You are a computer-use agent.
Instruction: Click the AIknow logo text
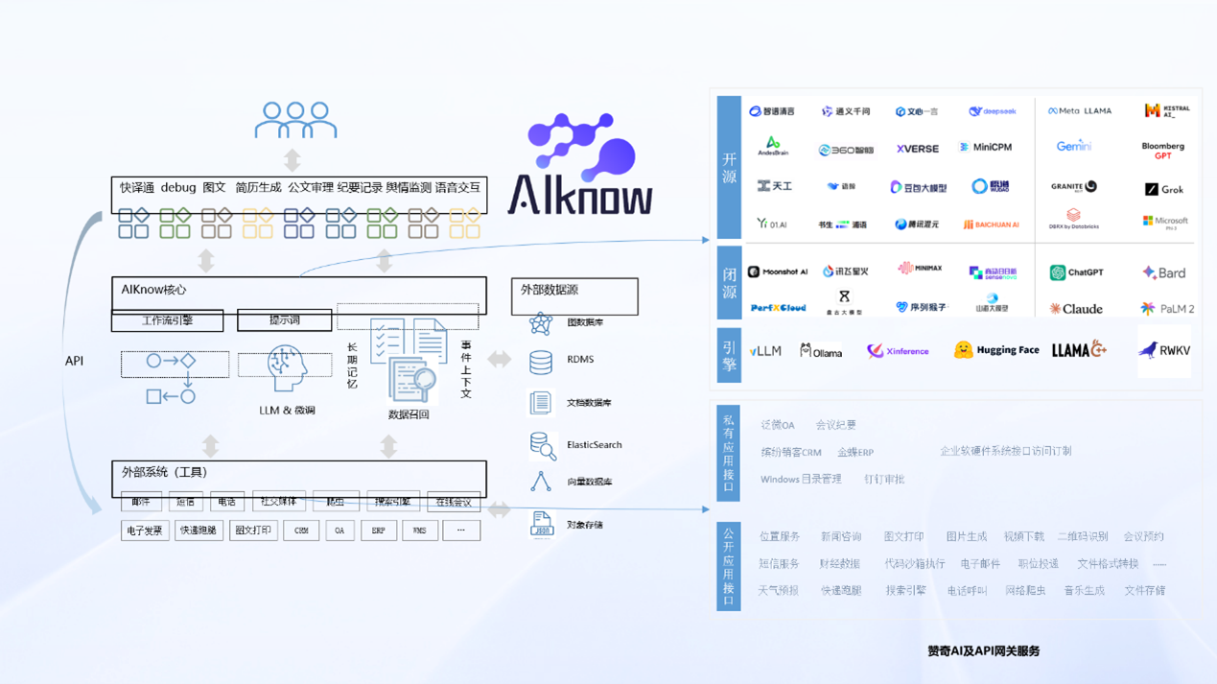[x=580, y=195]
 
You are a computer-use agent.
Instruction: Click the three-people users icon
[x=295, y=121]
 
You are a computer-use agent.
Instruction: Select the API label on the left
[x=74, y=361]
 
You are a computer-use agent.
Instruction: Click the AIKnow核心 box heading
[x=153, y=290]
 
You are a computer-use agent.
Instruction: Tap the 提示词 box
[x=284, y=320]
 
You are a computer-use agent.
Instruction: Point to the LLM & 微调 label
[x=287, y=410]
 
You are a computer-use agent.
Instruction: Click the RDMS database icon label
[x=580, y=360]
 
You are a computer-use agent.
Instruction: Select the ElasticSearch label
[x=594, y=445]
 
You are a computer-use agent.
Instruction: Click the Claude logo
[x=1076, y=309]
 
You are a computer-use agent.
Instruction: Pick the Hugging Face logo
[x=996, y=351]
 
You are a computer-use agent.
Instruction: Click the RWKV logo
[x=1164, y=351]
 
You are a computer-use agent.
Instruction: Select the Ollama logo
[x=821, y=352]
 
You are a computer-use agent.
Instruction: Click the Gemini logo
[x=1073, y=147]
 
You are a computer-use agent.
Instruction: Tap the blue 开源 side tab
[x=729, y=167]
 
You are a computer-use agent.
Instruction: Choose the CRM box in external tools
[x=301, y=531]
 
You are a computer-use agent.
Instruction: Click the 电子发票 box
[x=144, y=531]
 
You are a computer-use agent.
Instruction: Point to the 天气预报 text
[x=778, y=591]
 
